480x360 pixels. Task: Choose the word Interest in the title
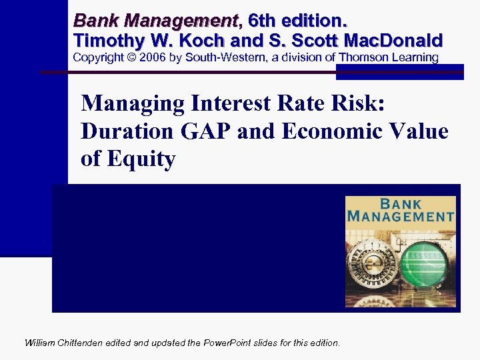coord(226,104)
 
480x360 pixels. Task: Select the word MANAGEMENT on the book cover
coord(400,216)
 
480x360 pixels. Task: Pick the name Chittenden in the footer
coord(87,343)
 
